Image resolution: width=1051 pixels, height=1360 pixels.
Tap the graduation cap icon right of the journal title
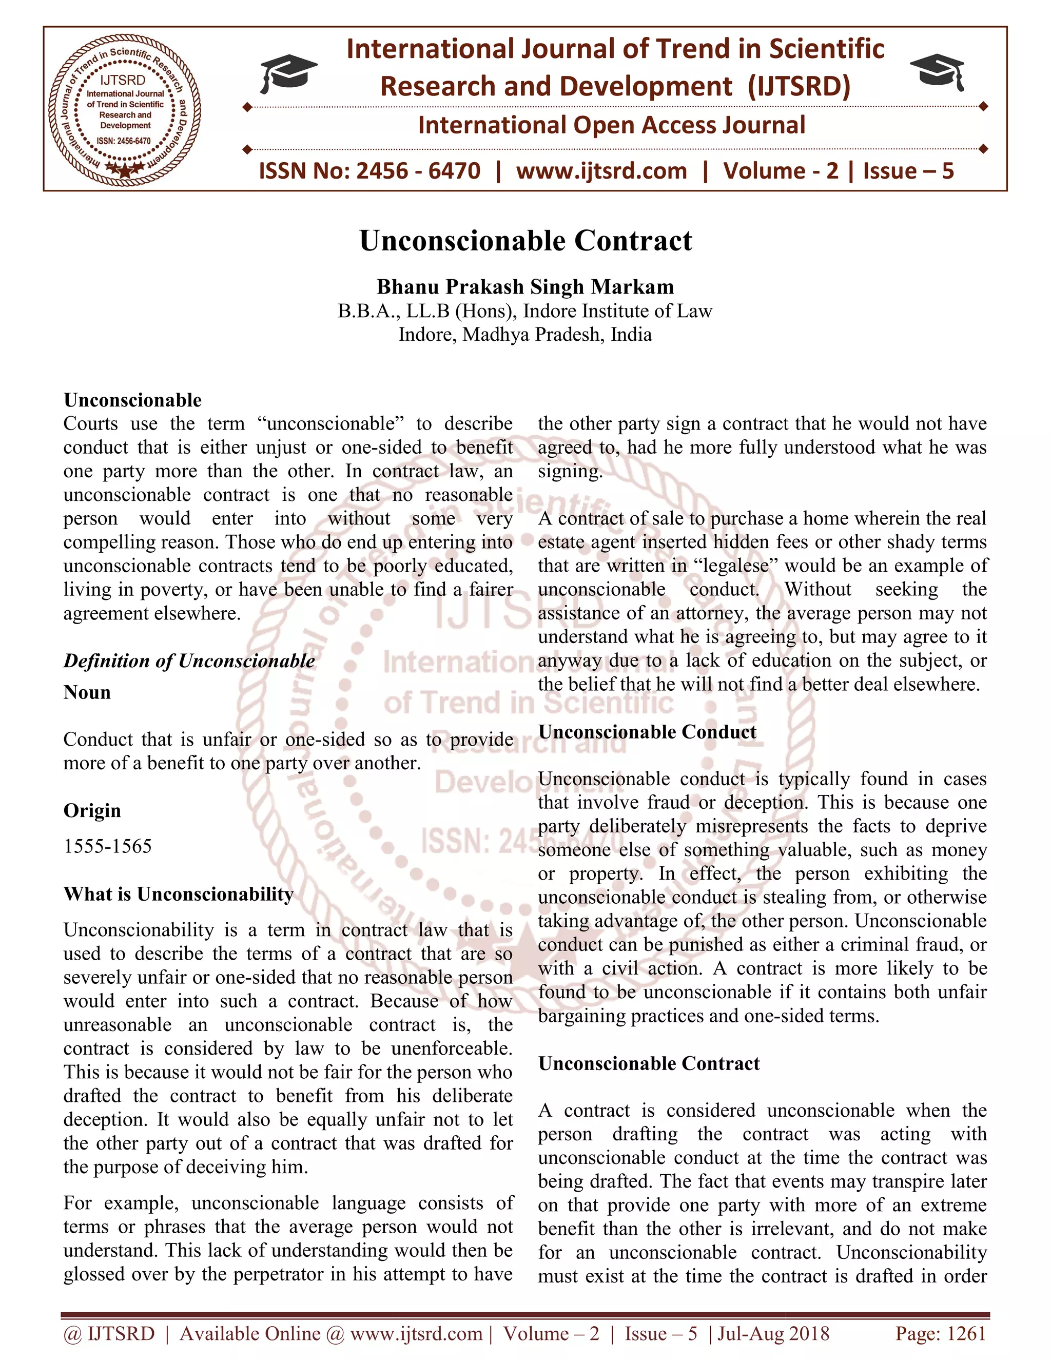click(x=938, y=73)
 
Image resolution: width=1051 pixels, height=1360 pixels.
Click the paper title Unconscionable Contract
click(x=525, y=241)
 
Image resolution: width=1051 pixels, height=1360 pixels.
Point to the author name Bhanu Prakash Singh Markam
click(x=525, y=286)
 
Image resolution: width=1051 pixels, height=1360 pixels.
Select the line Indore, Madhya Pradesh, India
click(x=525, y=335)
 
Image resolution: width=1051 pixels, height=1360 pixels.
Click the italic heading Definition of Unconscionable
click(x=189, y=660)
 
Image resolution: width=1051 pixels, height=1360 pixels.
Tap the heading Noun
click(x=87, y=692)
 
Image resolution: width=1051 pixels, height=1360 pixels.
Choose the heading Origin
click(x=92, y=811)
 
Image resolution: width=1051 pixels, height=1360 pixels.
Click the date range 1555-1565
click(x=108, y=846)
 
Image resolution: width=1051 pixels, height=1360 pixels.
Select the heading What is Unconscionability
click(x=179, y=894)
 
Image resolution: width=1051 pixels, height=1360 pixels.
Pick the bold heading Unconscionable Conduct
click(x=648, y=732)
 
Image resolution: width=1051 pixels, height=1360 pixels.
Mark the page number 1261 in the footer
click(x=966, y=1333)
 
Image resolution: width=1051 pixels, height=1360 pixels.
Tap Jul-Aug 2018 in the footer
click(x=774, y=1333)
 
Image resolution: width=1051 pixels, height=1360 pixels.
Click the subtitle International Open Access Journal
click(x=611, y=125)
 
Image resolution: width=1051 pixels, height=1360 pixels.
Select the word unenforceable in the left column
click(x=452, y=1048)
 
